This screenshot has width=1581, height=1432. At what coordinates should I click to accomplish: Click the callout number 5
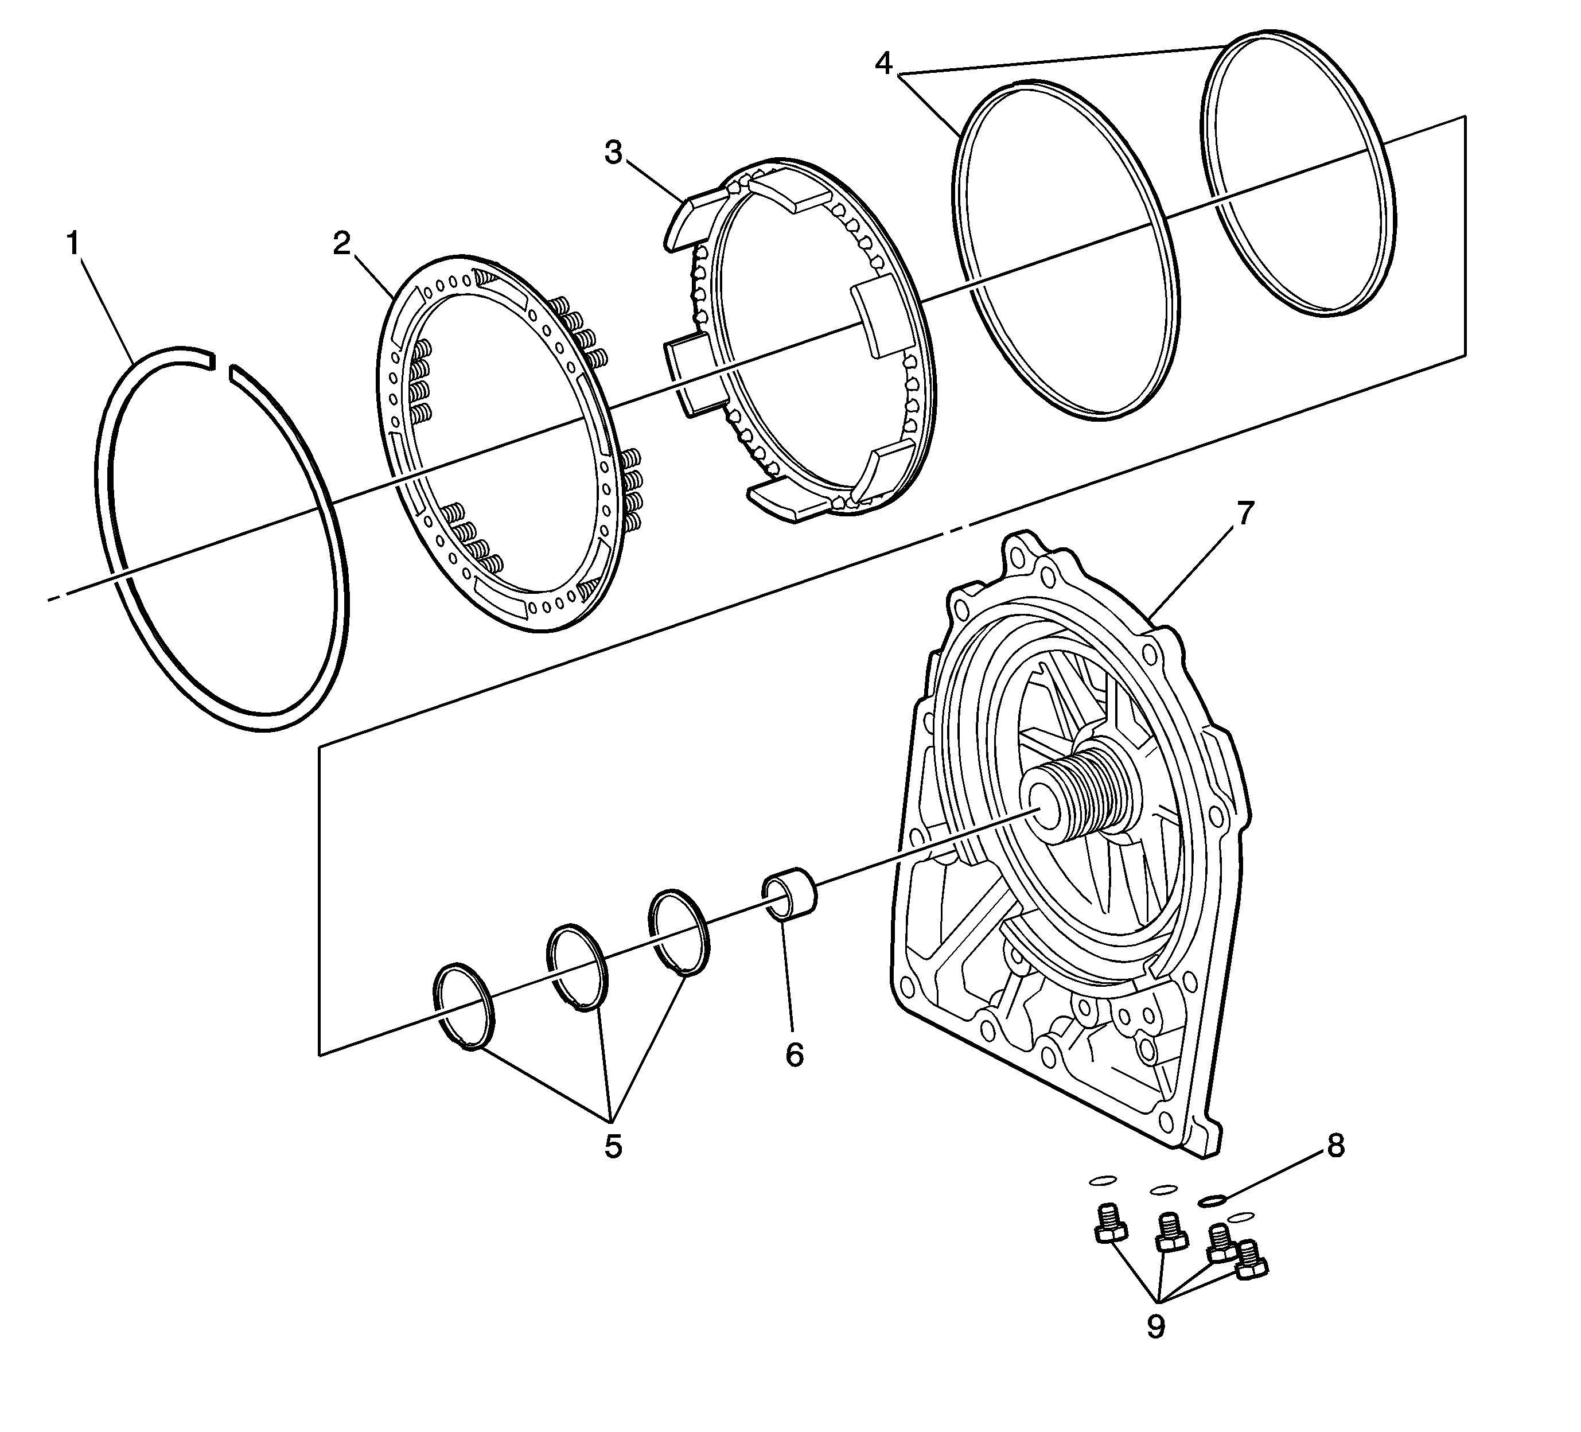coord(613,1146)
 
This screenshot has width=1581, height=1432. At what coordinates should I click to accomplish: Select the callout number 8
coord(1335,1146)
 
